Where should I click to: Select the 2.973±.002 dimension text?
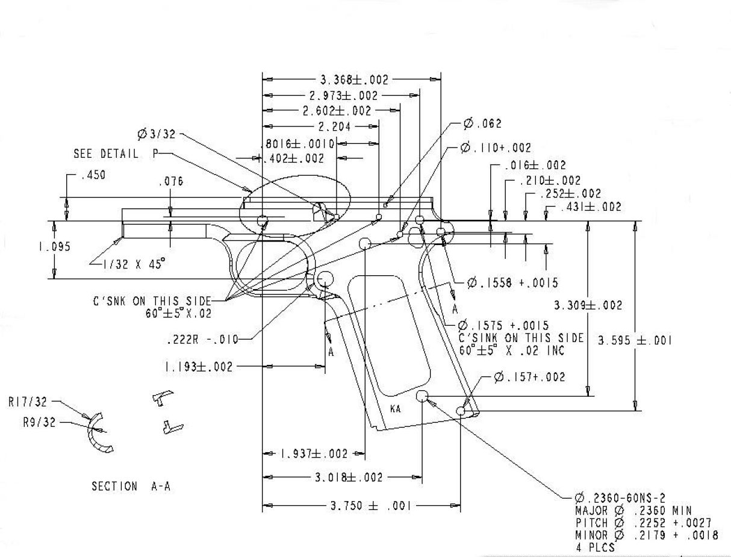[343, 96]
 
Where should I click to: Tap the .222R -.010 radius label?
[201, 340]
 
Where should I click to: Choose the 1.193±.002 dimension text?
[198, 367]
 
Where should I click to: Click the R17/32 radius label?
[28, 402]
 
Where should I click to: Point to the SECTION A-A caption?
[131, 487]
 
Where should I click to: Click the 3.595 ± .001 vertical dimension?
[635, 340]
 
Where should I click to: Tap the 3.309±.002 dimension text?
[588, 305]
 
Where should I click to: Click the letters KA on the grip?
[396, 409]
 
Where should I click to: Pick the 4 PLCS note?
[595, 547]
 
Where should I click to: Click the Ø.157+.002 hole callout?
[529, 377]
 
